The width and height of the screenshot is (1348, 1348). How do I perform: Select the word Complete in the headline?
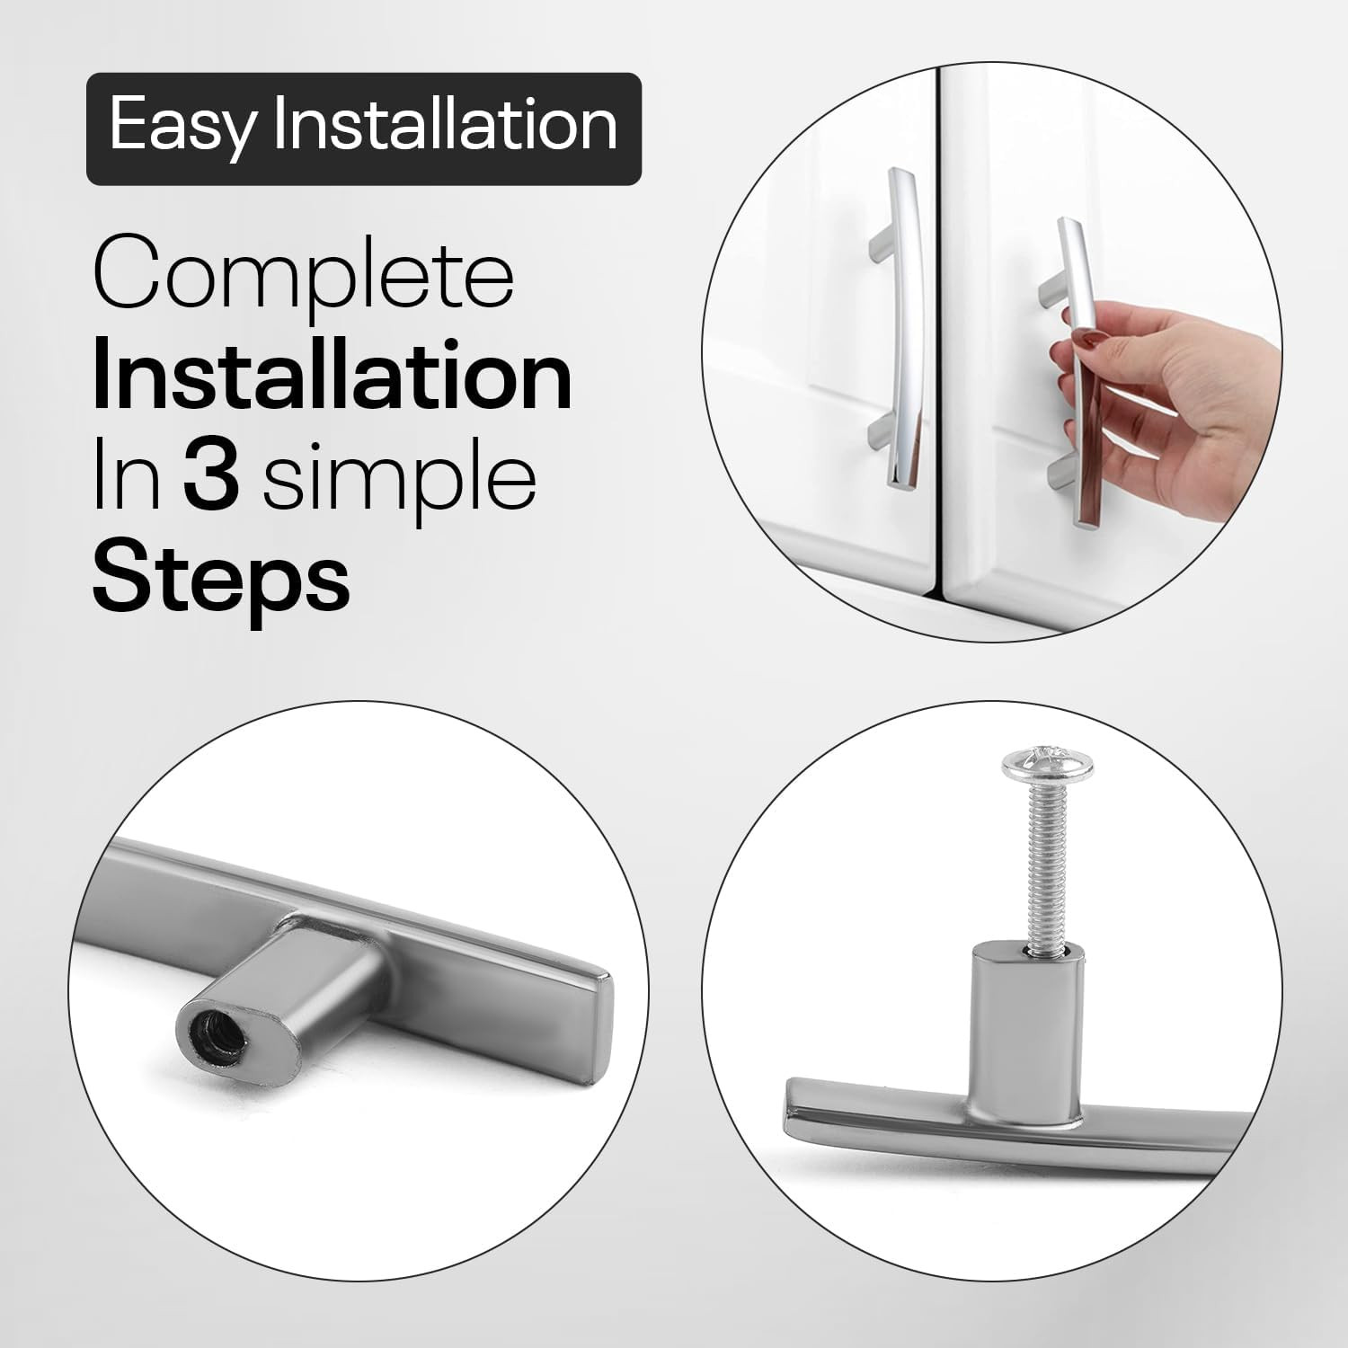[x=304, y=274]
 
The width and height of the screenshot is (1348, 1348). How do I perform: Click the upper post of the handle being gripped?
[x=1051, y=294]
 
